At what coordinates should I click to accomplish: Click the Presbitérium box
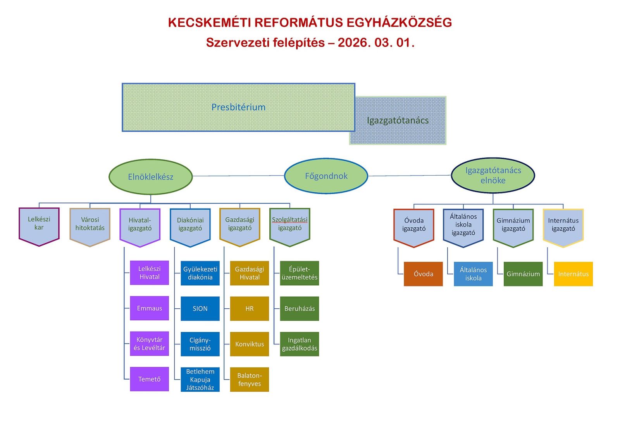(x=238, y=107)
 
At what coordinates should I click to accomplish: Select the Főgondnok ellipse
(x=326, y=176)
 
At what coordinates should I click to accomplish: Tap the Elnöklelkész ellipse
(x=151, y=177)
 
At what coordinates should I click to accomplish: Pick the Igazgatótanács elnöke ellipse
(x=493, y=175)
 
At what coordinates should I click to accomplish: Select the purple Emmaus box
(x=149, y=308)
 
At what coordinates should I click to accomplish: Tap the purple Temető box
(x=149, y=379)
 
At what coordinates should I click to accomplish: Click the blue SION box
(x=200, y=309)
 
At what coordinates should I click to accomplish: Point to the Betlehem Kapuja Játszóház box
(x=200, y=379)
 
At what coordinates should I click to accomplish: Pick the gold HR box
(x=250, y=309)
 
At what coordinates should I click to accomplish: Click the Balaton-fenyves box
(x=250, y=379)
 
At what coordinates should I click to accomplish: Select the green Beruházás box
(x=300, y=309)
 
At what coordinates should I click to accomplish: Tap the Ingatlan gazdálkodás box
(x=300, y=344)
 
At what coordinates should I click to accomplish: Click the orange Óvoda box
(x=423, y=274)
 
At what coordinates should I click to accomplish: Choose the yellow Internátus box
(x=573, y=274)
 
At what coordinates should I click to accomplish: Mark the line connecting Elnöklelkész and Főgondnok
(x=238, y=176)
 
